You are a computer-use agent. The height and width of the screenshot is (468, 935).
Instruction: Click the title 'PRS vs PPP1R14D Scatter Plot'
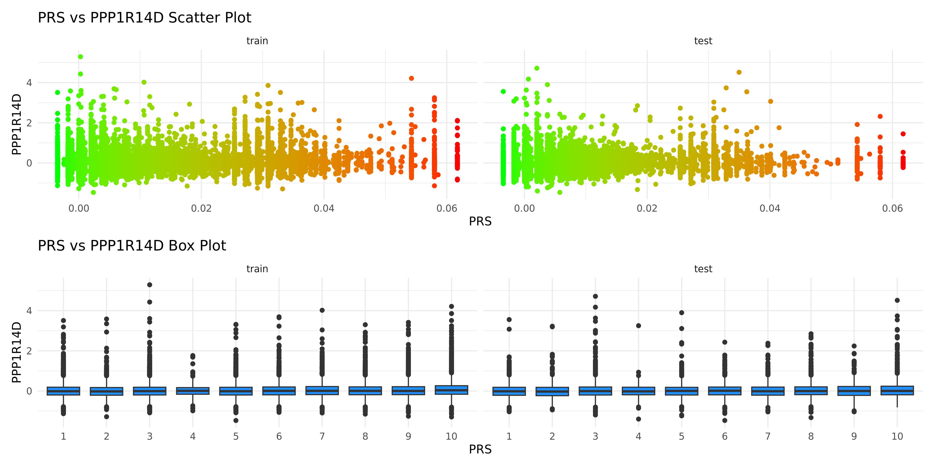click(x=144, y=18)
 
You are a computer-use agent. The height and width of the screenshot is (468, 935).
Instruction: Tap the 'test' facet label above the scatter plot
click(x=703, y=41)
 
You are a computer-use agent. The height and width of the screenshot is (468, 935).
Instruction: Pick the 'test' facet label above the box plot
click(x=703, y=269)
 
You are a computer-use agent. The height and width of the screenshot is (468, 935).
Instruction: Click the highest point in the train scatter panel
click(x=81, y=57)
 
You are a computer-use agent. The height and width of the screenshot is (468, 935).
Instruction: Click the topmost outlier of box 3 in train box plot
click(x=150, y=285)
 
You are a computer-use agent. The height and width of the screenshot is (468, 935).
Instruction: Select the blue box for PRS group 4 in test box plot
click(x=638, y=391)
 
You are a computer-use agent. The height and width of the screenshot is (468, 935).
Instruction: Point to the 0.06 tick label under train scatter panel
click(x=447, y=209)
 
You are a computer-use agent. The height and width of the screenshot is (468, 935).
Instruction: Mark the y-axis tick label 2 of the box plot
click(x=29, y=351)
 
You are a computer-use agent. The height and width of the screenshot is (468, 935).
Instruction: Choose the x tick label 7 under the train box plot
click(x=322, y=436)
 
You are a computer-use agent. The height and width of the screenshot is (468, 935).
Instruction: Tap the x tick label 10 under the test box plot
click(x=897, y=436)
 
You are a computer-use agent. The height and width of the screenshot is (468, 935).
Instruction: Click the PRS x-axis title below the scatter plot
click(x=480, y=221)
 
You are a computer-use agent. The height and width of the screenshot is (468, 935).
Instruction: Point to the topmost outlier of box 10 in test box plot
click(x=897, y=301)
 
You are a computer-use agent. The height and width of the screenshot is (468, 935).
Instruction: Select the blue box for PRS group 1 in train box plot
click(x=64, y=391)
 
